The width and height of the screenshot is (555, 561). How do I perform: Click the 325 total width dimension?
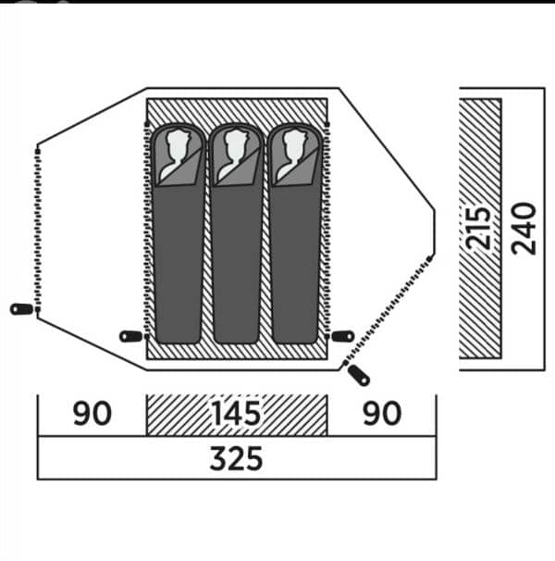point(236,458)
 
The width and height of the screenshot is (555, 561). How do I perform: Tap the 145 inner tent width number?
point(237,413)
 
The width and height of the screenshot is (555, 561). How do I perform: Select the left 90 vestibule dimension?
point(92,413)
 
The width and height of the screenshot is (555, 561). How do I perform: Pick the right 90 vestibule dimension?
point(382,413)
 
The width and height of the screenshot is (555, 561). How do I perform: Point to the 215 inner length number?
point(477,228)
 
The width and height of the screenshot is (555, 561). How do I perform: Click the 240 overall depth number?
point(524,229)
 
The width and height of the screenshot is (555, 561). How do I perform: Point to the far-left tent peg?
point(22,309)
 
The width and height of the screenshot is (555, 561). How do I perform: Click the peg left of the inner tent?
point(131,336)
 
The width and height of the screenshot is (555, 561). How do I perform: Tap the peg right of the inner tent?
point(343,336)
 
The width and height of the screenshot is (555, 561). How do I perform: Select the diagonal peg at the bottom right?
point(359,375)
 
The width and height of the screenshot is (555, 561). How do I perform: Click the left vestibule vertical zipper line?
point(38,229)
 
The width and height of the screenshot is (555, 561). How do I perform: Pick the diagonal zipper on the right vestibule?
point(388,311)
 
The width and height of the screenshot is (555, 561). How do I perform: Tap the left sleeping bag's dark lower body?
point(178,265)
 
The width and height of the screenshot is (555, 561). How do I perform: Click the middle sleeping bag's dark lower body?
point(236,265)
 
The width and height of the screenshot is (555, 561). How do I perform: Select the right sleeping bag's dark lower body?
point(295,265)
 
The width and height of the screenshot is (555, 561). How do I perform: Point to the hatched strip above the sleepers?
point(237,110)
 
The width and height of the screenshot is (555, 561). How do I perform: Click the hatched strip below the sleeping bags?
point(237,352)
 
